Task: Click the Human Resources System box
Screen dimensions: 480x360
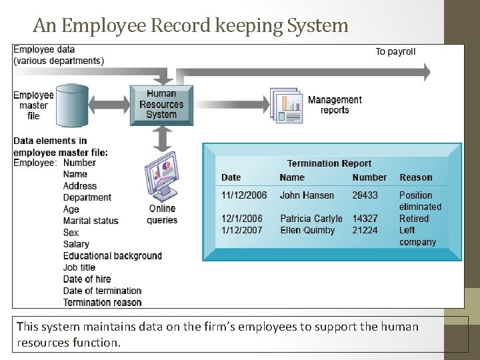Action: (161, 104)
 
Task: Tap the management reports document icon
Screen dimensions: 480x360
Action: (285, 105)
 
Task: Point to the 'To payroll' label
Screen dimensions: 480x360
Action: (395, 51)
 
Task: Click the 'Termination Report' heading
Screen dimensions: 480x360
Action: (329, 163)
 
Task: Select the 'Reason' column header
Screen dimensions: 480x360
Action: (416, 177)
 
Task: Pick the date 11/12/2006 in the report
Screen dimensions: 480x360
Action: (244, 195)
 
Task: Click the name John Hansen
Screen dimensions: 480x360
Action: (307, 195)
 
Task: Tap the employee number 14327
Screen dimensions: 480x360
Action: (365, 219)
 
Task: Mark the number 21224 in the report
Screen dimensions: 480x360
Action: (365, 230)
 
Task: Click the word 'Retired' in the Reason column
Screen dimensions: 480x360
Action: (414, 219)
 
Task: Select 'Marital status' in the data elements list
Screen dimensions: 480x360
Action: (91, 221)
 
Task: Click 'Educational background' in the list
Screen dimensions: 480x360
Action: (113, 255)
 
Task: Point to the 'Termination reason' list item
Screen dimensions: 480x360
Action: (102, 302)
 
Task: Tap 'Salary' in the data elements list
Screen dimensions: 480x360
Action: (76, 244)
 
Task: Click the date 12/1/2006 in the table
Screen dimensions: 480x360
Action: (242, 219)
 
